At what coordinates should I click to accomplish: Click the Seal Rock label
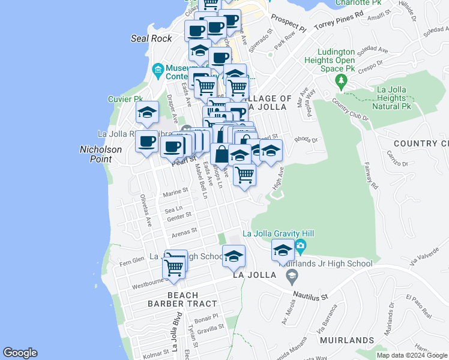pos(151,38)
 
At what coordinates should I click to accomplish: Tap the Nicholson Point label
pos(101,154)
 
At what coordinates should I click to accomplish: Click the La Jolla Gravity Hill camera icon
pos(300,246)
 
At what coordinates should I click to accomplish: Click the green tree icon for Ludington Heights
pos(342,80)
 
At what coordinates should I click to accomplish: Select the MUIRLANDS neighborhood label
pos(347,340)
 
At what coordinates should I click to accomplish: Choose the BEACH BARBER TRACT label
pos(173,299)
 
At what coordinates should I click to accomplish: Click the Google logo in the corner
pos(20,353)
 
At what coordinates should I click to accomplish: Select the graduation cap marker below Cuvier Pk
pos(147,112)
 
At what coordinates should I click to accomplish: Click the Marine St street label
pos(175,192)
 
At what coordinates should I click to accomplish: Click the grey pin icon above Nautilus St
pos(292,276)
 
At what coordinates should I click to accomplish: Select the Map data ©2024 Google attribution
pos(412,355)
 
